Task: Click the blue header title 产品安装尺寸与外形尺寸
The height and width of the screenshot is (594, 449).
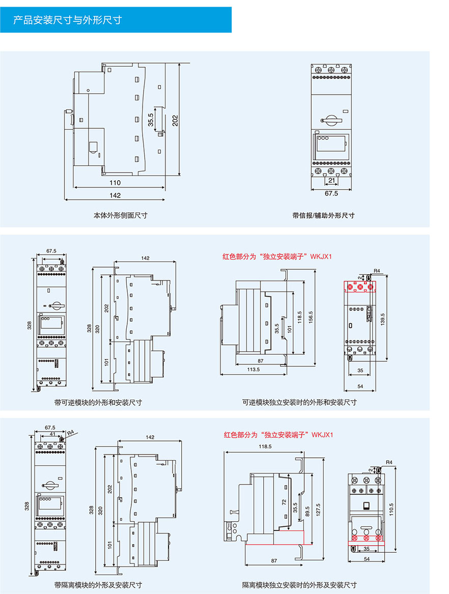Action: [67, 20]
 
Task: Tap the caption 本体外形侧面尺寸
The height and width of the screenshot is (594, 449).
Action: [121, 216]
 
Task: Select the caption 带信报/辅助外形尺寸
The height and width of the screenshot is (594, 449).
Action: [323, 216]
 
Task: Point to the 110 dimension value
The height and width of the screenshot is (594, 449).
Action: [115, 182]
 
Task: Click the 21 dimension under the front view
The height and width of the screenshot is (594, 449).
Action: [331, 181]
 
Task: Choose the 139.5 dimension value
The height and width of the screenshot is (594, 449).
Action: [382, 319]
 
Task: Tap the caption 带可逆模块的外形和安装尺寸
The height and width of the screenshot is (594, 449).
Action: [98, 403]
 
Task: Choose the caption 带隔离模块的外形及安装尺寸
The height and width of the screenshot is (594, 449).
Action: [98, 585]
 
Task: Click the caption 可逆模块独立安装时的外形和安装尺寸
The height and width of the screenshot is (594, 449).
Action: [299, 403]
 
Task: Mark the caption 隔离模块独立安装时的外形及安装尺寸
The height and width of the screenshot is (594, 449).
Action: [299, 585]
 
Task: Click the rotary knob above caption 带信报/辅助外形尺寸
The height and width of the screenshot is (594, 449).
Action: [331, 121]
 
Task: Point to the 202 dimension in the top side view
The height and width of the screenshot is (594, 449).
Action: [175, 120]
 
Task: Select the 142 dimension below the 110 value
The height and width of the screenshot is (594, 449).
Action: [115, 195]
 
